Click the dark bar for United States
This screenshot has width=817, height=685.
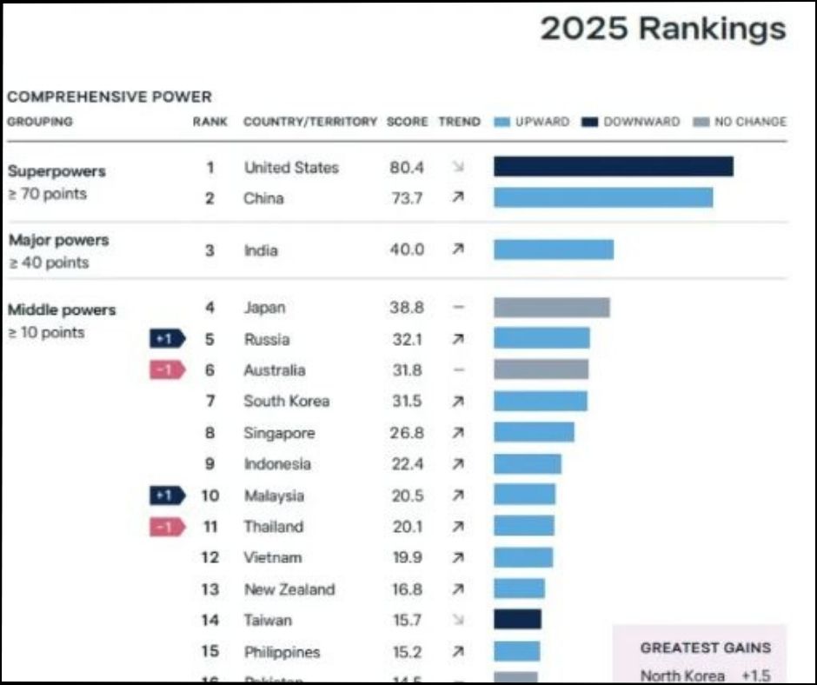point(613,167)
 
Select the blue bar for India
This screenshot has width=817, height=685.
point(553,249)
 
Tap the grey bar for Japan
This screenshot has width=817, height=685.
point(551,308)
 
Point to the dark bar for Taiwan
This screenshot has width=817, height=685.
point(517,620)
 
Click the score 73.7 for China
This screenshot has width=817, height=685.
point(406,198)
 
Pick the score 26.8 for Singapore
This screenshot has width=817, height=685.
point(406,433)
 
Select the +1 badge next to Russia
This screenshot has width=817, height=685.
point(166,339)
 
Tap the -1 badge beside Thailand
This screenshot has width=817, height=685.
point(166,527)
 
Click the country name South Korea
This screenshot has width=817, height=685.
point(287,402)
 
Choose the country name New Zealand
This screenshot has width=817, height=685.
point(289,589)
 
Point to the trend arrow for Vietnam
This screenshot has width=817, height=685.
point(458,558)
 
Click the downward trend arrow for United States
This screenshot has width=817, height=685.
point(458,167)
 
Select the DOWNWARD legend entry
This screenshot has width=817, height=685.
point(632,122)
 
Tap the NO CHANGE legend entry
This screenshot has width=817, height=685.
point(740,122)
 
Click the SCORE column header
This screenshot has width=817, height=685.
point(407,122)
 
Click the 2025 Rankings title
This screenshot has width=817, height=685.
point(663,29)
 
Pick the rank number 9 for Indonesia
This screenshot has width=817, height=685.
point(209,464)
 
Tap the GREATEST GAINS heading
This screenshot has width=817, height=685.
point(705,648)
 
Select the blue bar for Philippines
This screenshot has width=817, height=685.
point(516,651)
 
